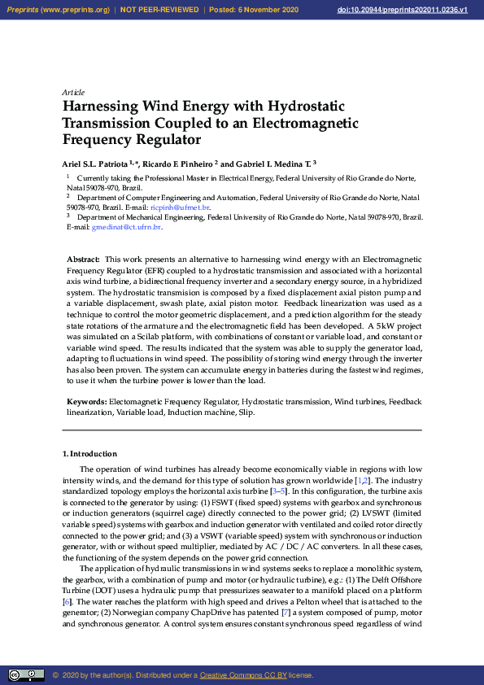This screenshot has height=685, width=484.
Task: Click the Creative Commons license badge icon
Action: tap(26, 674)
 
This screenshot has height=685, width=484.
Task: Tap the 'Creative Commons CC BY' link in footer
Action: tap(243, 675)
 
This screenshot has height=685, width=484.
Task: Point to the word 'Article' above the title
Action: tap(73, 93)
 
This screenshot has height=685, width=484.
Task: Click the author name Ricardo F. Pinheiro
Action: tap(176, 162)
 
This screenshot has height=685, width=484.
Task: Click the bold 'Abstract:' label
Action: tap(83, 259)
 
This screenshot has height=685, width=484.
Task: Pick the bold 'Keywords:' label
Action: tap(86, 402)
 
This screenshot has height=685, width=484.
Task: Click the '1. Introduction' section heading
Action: tap(89, 453)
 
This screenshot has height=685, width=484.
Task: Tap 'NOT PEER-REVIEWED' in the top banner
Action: tap(159, 10)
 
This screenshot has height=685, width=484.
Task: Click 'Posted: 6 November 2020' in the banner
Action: tap(254, 10)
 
